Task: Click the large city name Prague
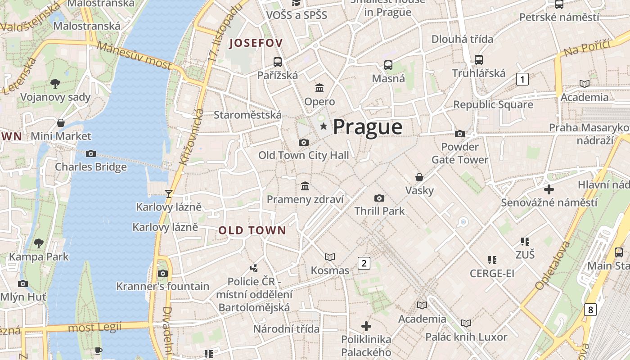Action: point(367,127)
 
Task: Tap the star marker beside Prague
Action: point(323,126)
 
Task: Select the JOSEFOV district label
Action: point(256,44)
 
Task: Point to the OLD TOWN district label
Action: point(252,230)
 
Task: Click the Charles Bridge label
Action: point(91,167)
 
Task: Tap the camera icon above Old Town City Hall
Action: point(304,143)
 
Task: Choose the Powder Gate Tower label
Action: point(460,153)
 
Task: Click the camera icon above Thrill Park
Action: point(379,198)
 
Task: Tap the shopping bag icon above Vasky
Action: point(419,177)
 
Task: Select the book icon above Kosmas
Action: point(330,257)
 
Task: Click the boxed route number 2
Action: point(364,263)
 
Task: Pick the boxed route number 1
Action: point(522,80)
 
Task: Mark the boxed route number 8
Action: point(590,310)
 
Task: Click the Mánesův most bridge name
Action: point(134,55)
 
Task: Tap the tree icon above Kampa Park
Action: point(39,243)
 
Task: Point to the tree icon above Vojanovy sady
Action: point(55,83)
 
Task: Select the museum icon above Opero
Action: point(319,88)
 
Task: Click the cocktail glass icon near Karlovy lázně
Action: point(169,193)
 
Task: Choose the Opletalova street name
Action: point(553,265)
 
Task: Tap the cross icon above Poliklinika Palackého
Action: point(366,326)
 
